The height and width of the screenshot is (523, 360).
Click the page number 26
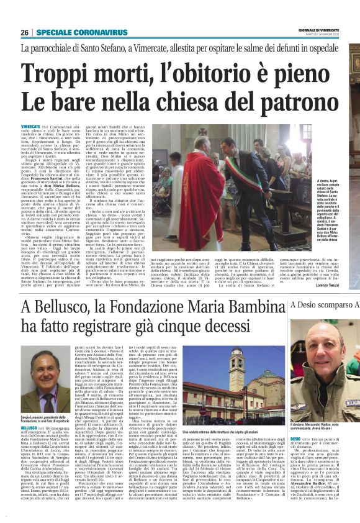(24, 32)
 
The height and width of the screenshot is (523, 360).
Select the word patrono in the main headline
(303, 101)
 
